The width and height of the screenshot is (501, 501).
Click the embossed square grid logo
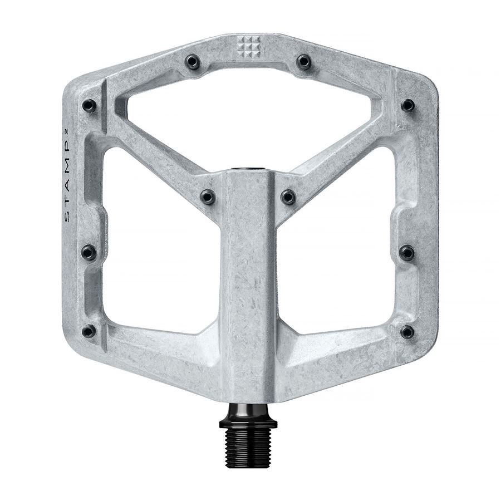[x=248, y=47]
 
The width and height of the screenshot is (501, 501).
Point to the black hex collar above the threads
[x=248, y=417]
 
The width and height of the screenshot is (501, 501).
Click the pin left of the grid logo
[x=193, y=61]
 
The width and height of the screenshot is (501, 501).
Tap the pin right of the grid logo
[x=303, y=61]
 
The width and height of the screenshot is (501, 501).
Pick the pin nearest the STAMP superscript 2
[x=89, y=105]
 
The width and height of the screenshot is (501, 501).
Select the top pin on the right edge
[x=407, y=105]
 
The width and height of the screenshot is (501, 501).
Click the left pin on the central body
[x=208, y=197]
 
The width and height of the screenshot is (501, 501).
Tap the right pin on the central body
[x=288, y=197]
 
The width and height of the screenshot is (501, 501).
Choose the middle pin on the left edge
[x=89, y=252]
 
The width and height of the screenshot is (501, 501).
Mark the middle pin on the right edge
[x=407, y=252]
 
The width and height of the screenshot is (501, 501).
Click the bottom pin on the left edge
[x=89, y=331]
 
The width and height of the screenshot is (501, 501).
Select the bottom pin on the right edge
[x=407, y=332]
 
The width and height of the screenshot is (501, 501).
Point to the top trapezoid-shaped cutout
[x=248, y=117]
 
